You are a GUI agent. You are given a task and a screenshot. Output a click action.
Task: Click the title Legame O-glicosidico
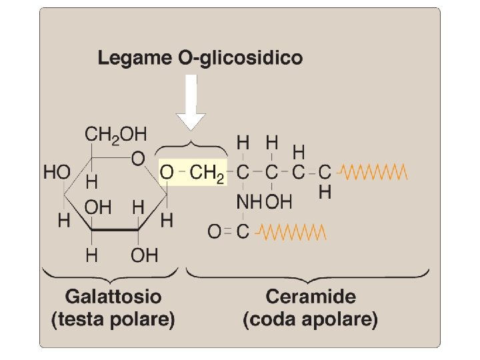pos(200,58)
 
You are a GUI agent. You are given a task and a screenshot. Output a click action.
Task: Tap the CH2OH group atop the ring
pos(115,134)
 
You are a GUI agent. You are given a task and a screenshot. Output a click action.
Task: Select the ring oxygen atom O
pos(138,159)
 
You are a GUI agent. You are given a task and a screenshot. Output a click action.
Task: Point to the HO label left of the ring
pos(57,172)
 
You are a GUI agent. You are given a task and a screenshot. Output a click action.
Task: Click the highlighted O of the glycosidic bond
pos(167,172)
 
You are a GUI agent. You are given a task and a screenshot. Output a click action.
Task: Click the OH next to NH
pos(279,201)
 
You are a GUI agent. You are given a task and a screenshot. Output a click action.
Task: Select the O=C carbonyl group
pos(229,232)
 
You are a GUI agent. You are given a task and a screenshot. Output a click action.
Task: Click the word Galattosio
pos(113,295)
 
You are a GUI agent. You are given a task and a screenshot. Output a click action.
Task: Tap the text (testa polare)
pos(113,319)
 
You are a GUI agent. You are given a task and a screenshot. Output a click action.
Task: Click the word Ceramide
pos(311,295)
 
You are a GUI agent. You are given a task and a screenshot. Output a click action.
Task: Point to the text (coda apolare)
pos(311,319)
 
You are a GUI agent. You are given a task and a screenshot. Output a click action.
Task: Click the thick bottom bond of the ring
pos(115,230)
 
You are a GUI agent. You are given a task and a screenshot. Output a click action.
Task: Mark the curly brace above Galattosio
pos(111,273)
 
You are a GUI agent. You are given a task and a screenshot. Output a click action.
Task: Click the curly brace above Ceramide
pos(307,273)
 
